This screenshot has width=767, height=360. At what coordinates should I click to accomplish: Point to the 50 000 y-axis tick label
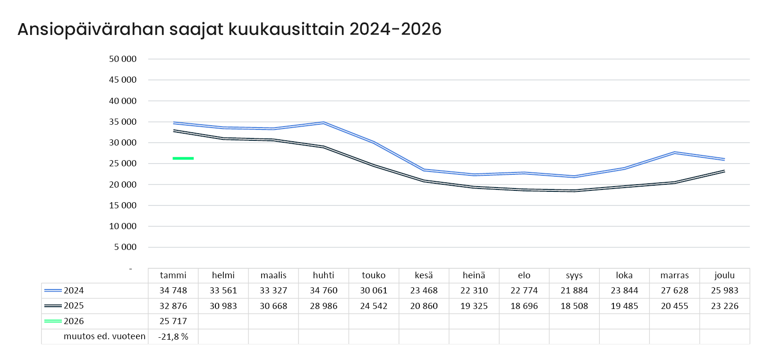click(x=123, y=59)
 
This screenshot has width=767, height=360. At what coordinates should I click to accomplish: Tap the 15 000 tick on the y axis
click(x=123, y=205)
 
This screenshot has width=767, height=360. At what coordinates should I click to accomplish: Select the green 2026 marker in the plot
click(x=183, y=158)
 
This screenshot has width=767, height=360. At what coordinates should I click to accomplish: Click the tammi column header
click(x=173, y=275)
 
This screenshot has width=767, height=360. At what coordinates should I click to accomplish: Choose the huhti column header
click(x=324, y=275)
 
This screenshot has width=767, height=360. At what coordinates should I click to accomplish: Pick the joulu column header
click(x=724, y=275)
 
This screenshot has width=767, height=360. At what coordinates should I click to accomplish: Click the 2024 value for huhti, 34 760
click(x=324, y=291)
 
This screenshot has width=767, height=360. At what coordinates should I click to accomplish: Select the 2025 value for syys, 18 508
click(x=574, y=306)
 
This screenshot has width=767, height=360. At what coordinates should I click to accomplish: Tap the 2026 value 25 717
click(x=173, y=321)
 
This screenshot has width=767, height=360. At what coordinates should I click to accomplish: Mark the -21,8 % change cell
click(x=173, y=337)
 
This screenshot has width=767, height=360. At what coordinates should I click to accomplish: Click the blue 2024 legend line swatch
click(x=53, y=291)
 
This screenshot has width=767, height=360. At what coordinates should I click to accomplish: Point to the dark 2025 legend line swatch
click(x=53, y=306)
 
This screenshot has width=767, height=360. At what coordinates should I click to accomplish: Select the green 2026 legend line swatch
click(x=53, y=321)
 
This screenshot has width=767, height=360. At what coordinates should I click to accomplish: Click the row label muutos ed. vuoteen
click(x=104, y=336)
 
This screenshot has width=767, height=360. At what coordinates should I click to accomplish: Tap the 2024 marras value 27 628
click(x=674, y=291)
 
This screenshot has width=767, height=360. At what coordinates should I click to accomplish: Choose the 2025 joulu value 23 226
click(x=724, y=306)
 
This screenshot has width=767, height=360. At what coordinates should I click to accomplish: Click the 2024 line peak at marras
click(x=674, y=153)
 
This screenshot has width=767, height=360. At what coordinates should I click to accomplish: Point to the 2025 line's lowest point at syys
click(x=574, y=191)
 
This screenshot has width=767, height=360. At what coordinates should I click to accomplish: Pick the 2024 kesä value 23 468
click(x=424, y=291)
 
